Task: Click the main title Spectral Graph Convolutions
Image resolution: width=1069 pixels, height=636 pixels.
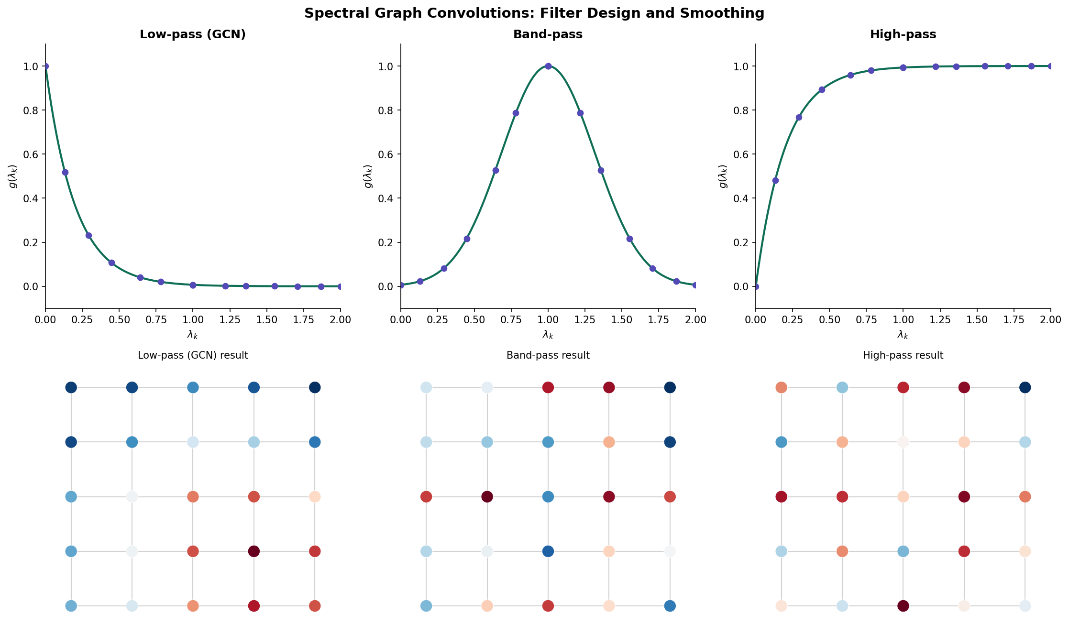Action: coord(534,13)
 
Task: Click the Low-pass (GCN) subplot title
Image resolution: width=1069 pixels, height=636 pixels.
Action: coord(192,34)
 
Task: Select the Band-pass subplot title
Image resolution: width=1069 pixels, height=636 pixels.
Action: coord(548,34)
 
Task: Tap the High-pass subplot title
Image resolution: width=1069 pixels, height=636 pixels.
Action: coord(903,34)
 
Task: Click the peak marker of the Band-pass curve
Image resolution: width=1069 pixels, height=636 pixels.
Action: coord(548,66)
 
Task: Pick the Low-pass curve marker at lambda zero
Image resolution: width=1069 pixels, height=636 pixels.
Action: coord(45,66)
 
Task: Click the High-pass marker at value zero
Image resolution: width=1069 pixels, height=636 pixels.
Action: coord(756,286)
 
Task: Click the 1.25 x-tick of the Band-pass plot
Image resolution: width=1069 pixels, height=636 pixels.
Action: coord(584,319)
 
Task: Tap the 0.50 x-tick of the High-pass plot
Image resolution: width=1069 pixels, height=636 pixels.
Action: coord(829,319)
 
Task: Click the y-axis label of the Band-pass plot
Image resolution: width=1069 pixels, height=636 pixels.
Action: coord(368,176)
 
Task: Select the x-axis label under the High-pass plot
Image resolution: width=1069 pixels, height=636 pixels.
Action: coord(903,335)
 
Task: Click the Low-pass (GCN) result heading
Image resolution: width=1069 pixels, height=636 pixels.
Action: coord(192,355)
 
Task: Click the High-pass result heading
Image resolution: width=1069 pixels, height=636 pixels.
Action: coord(903,355)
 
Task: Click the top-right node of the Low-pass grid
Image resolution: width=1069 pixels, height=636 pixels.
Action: coord(315,387)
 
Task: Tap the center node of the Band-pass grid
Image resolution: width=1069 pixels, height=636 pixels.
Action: coord(548,497)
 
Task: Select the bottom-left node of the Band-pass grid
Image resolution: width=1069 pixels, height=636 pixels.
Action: coord(426,606)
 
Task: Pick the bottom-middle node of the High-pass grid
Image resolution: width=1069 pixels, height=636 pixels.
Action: coord(903,606)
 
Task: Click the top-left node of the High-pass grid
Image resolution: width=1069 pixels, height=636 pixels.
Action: coord(781,387)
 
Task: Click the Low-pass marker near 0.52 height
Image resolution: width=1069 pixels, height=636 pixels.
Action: coord(65,172)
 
